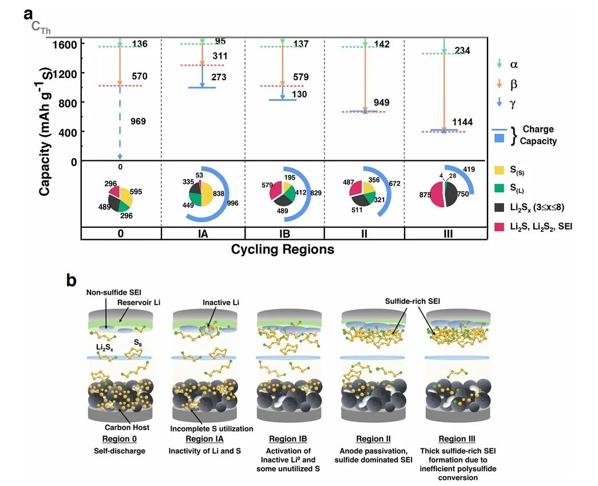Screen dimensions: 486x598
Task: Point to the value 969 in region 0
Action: [x=138, y=121]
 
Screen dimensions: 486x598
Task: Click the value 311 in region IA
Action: [x=219, y=56]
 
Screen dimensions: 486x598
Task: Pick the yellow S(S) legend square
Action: [x=498, y=169]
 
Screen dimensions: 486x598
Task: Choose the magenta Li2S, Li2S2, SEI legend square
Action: [x=498, y=227]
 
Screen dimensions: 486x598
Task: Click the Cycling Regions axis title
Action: [x=282, y=250]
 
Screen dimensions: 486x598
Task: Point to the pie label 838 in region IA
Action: [x=219, y=195]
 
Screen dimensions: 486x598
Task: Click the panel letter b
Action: [x=72, y=281]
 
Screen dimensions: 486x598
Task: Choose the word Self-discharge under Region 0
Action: [x=120, y=451]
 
